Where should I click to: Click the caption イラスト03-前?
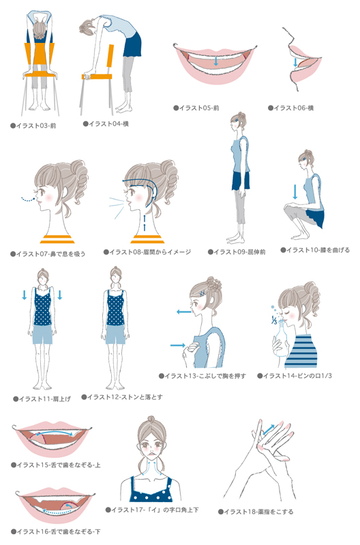pos(33,126)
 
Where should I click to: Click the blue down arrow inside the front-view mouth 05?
pos(216,61)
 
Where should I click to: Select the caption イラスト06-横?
pos(290,108)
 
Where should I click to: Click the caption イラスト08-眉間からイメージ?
pos(147,252)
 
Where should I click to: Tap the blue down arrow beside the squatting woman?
pos(295,192)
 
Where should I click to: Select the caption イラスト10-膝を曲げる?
pos(315,250)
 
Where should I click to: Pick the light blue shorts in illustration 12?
pos(115,334)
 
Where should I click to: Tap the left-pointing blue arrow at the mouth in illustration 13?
pos(183,312)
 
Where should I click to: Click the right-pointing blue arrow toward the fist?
pos(178,345)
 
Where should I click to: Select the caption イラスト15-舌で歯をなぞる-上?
pos(56,465)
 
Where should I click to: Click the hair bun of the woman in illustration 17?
pos(151,420)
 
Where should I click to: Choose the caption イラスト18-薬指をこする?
pos(256,512)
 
